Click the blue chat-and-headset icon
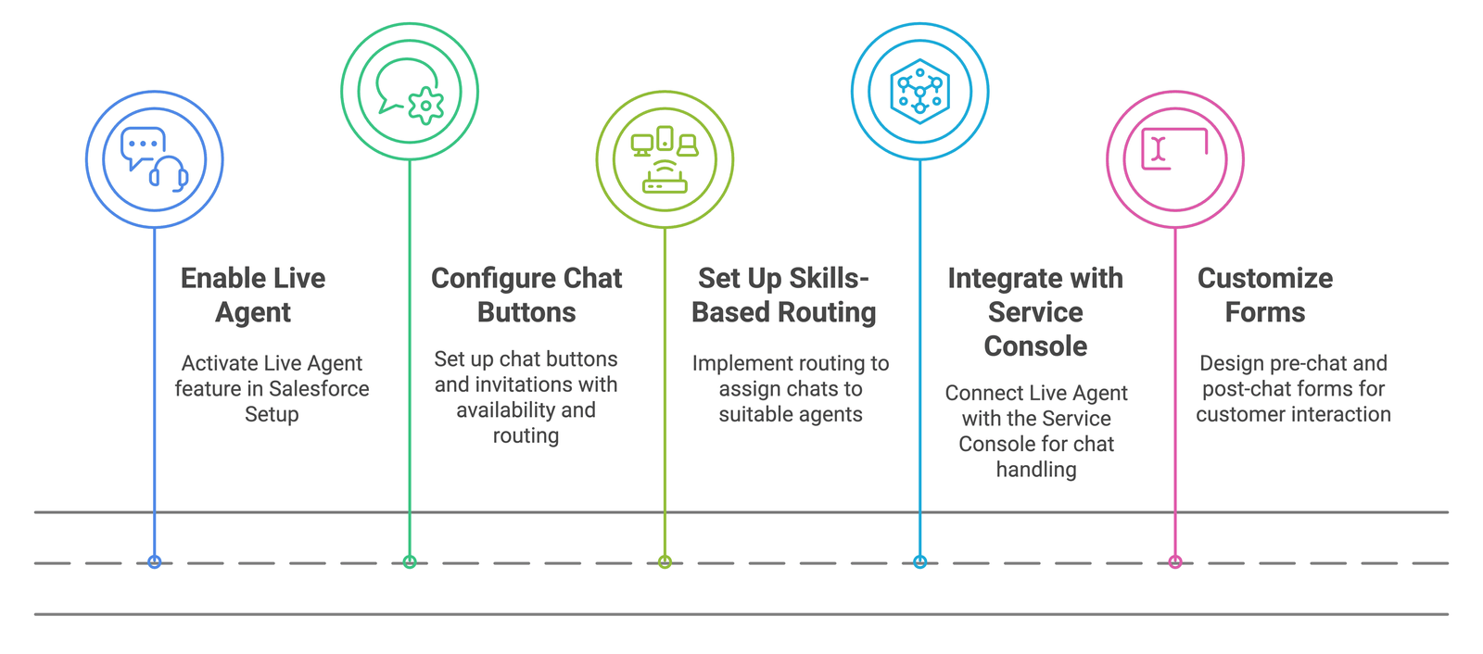pos(154,159)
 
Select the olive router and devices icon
pos(665,159)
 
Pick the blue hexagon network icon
pos(919,92)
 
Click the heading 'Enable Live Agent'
pos(253,296)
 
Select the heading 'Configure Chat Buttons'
pos(526,296)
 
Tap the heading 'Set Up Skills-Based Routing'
pos(784,296)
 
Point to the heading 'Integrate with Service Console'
pos(1035,312)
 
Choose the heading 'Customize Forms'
pos(1265,296)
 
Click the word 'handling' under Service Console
pos(1036,470)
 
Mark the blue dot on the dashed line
pos(154,562)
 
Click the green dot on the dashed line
pos(410,562)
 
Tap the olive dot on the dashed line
pos(665,562)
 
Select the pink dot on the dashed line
pos(1175,562)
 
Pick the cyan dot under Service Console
pos(919,562)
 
